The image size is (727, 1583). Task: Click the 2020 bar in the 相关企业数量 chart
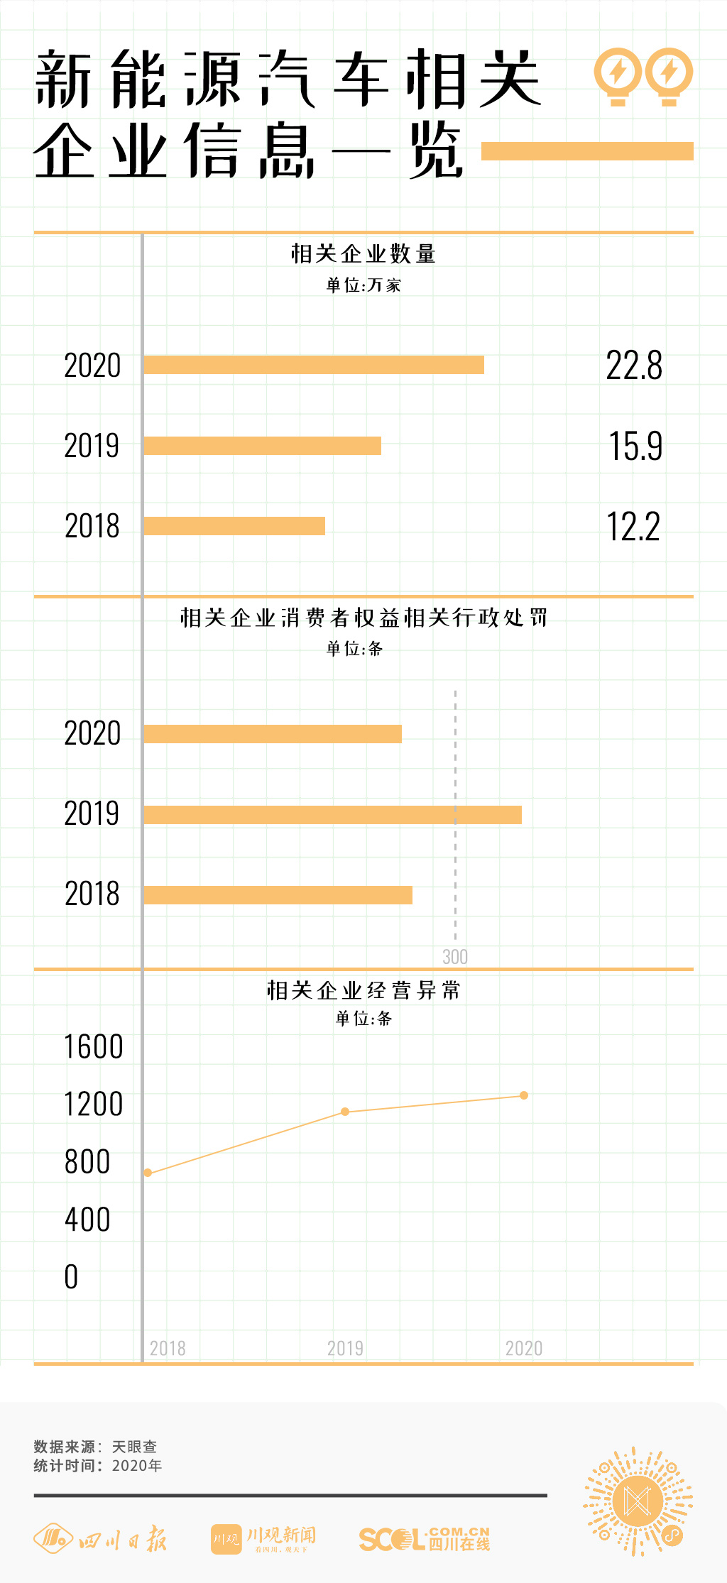tap(314, 365)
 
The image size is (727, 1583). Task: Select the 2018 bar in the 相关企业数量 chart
tap(234, 526)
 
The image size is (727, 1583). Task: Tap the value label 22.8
tap(634, 366)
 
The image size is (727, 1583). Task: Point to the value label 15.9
tap(635, 447)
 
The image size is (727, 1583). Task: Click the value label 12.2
tap(633, 527)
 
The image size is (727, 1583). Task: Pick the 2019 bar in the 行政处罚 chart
tap(332, 815)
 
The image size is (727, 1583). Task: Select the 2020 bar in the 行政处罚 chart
tap(273, 734)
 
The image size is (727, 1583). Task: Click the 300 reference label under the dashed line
tap(455, 957)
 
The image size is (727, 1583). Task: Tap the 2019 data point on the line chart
tap(345, 1112)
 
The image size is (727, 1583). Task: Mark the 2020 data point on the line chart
tap(524, 1095)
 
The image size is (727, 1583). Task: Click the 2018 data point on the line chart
tap(148, 1173)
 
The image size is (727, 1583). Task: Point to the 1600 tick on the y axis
tap(94, 1047)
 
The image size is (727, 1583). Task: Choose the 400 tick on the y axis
tap(87, 1220)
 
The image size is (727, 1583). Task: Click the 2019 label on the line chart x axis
tap(345, 1348)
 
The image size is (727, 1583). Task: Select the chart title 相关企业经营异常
tap(363, 990)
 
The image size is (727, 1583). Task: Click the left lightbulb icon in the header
tap(618, 75)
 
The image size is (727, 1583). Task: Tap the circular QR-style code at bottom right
tap(638, 1502)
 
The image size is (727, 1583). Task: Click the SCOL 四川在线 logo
tap(424, 1539)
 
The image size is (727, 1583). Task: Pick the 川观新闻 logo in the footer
tap(263, 1539)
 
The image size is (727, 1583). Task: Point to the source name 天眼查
tap(134, 1447)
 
